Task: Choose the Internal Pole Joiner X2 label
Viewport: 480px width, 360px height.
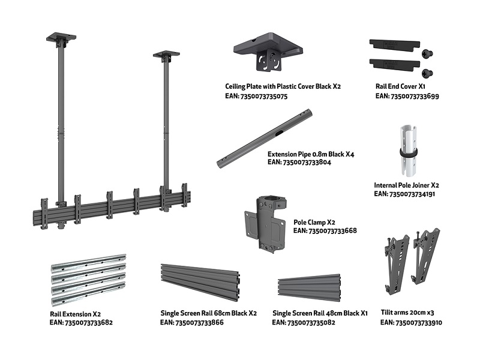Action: coord(407,186)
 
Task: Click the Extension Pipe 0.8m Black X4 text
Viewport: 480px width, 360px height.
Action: coord(311,154)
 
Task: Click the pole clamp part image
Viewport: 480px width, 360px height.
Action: coord(263,223)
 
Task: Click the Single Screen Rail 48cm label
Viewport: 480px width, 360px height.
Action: coord(320,313)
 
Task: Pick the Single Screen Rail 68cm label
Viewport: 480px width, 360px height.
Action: coord(209,313)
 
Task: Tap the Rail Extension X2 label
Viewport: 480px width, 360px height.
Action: coord(75,314)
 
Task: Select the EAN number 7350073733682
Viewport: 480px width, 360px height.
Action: coord(81,322)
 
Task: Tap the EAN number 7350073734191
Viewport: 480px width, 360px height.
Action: coord(404,194)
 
